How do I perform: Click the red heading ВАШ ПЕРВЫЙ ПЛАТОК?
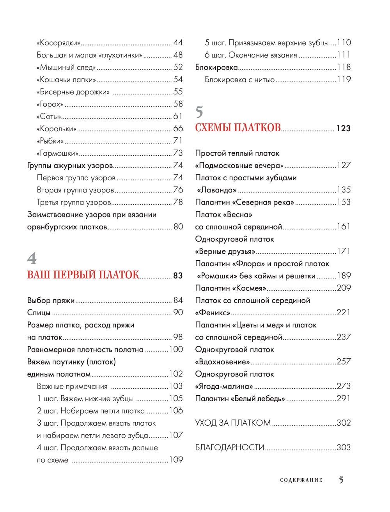coord(83,275)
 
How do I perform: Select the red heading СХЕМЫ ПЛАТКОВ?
coord(238,128)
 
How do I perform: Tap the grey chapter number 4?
coord(32,258)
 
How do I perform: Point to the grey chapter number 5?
coord(199,112)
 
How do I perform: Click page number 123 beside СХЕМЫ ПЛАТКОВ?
coord(344,128)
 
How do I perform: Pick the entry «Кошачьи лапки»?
coord(66,80)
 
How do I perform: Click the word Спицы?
coord(39,313)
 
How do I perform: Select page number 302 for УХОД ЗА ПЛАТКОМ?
coord(344,423)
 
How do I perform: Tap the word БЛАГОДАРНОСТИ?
coord(230,447)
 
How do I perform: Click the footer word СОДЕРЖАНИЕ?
coord(301,480)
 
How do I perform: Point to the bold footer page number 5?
coord(341,480)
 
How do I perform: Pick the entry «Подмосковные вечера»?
coord(239,165)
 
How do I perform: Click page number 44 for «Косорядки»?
coord(178,43)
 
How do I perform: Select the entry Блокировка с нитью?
coord(240,80)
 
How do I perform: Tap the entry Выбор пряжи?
coord(51,300)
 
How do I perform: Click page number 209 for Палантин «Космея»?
coord(344,288)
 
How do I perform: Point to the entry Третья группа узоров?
coord(74,202)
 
